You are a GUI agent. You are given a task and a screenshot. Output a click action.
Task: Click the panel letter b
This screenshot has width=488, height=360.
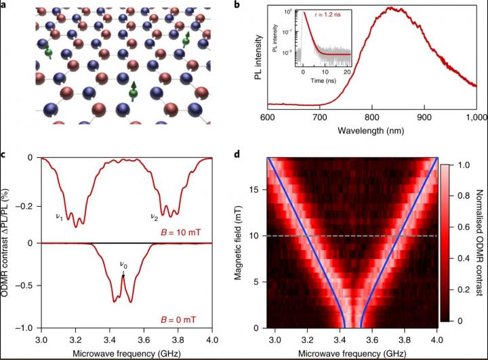(x=253, y=5)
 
